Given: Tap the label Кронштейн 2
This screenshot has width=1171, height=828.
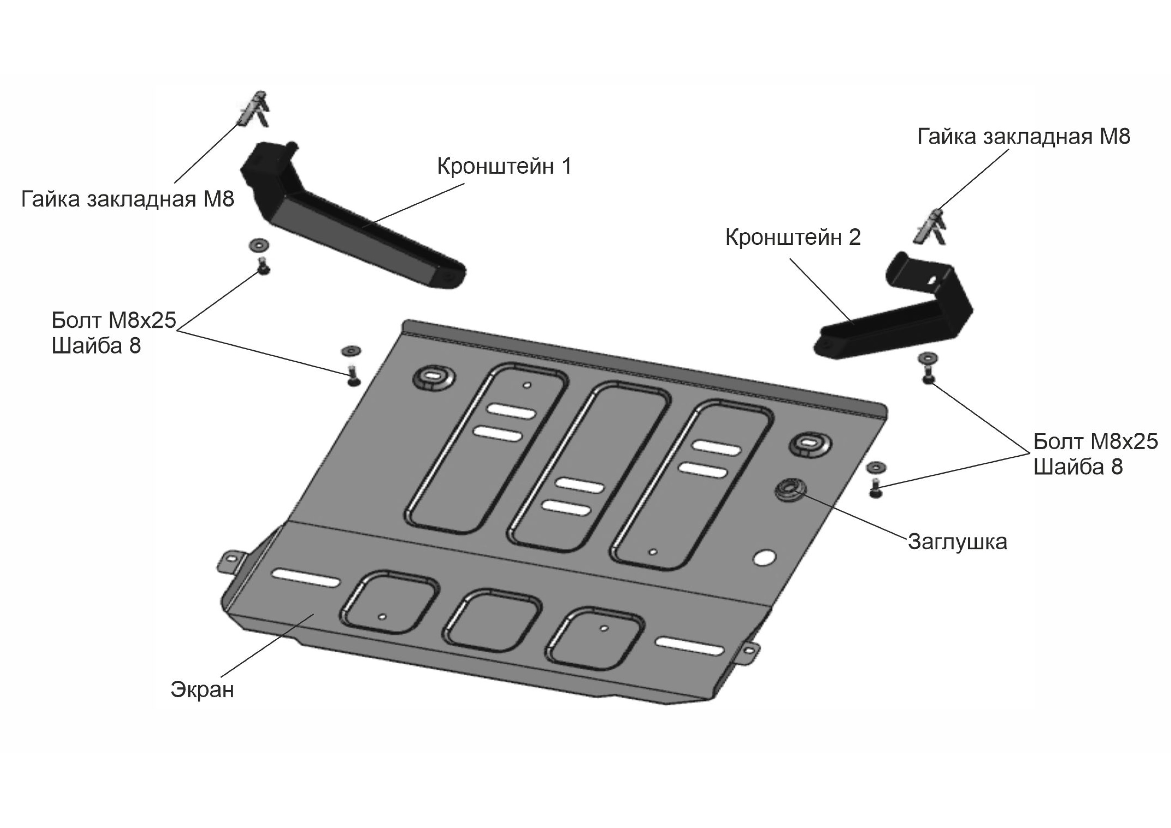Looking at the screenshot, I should (793, 238).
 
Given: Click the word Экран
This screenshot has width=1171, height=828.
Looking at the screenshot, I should (202, 690).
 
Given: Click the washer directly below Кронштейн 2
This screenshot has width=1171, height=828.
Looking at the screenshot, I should (927, 359).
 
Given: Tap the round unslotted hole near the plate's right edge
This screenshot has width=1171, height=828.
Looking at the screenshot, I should (766, 558).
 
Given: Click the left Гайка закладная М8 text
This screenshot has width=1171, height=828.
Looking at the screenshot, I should (128, 199).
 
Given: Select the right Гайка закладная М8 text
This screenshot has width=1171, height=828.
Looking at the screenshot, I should (1023, 137).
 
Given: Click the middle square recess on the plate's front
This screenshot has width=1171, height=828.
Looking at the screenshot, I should (492, 621).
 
